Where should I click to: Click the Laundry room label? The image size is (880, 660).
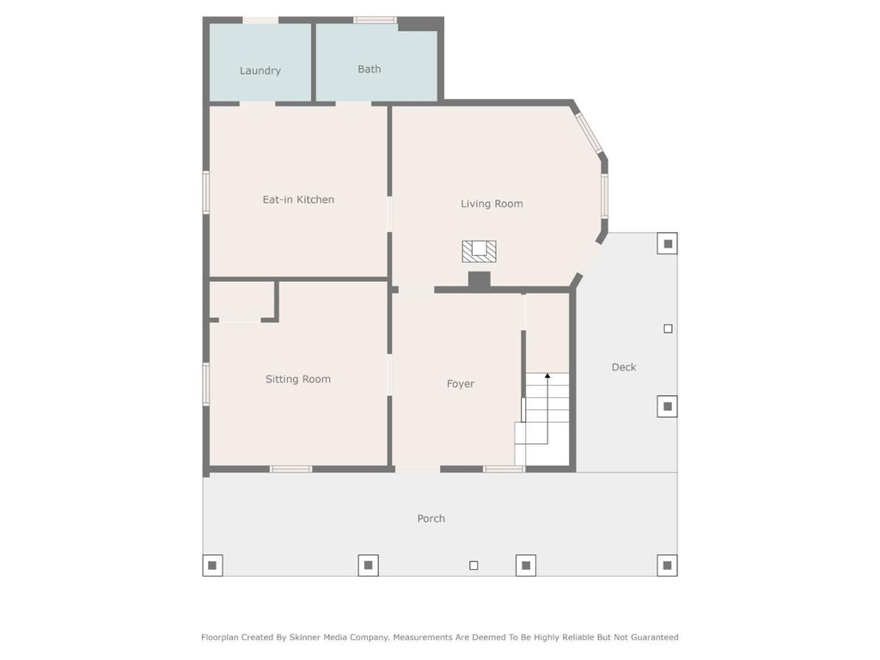click(260, 70)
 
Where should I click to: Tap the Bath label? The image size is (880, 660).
click(370, 69)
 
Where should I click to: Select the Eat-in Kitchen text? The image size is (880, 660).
click(298, 199)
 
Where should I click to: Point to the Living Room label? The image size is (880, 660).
click(492, 204)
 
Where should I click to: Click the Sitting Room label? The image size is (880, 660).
click(298, 379)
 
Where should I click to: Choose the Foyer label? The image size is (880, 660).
click(461, 384)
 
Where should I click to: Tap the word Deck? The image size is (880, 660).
click(624, 367)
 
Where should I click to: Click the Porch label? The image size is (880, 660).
click(431, 518)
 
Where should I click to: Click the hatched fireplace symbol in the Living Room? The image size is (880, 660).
click(479, 252)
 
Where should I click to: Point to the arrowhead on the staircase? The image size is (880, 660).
click(547, 376)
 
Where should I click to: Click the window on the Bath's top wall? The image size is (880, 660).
click(375, 21)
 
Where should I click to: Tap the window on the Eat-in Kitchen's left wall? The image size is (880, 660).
click(206, 192)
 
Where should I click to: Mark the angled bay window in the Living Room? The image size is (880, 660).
click(590, 133)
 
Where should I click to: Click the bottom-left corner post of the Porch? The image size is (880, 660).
click(212, 565)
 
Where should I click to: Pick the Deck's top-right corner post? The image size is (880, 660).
click(668, 243)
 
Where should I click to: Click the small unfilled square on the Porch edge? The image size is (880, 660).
click(474, 565)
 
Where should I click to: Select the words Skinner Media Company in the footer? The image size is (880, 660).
click(340, 637)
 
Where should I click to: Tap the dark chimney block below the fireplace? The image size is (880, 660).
click(479, 281)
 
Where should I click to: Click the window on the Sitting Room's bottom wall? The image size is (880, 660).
click(290, 469)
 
